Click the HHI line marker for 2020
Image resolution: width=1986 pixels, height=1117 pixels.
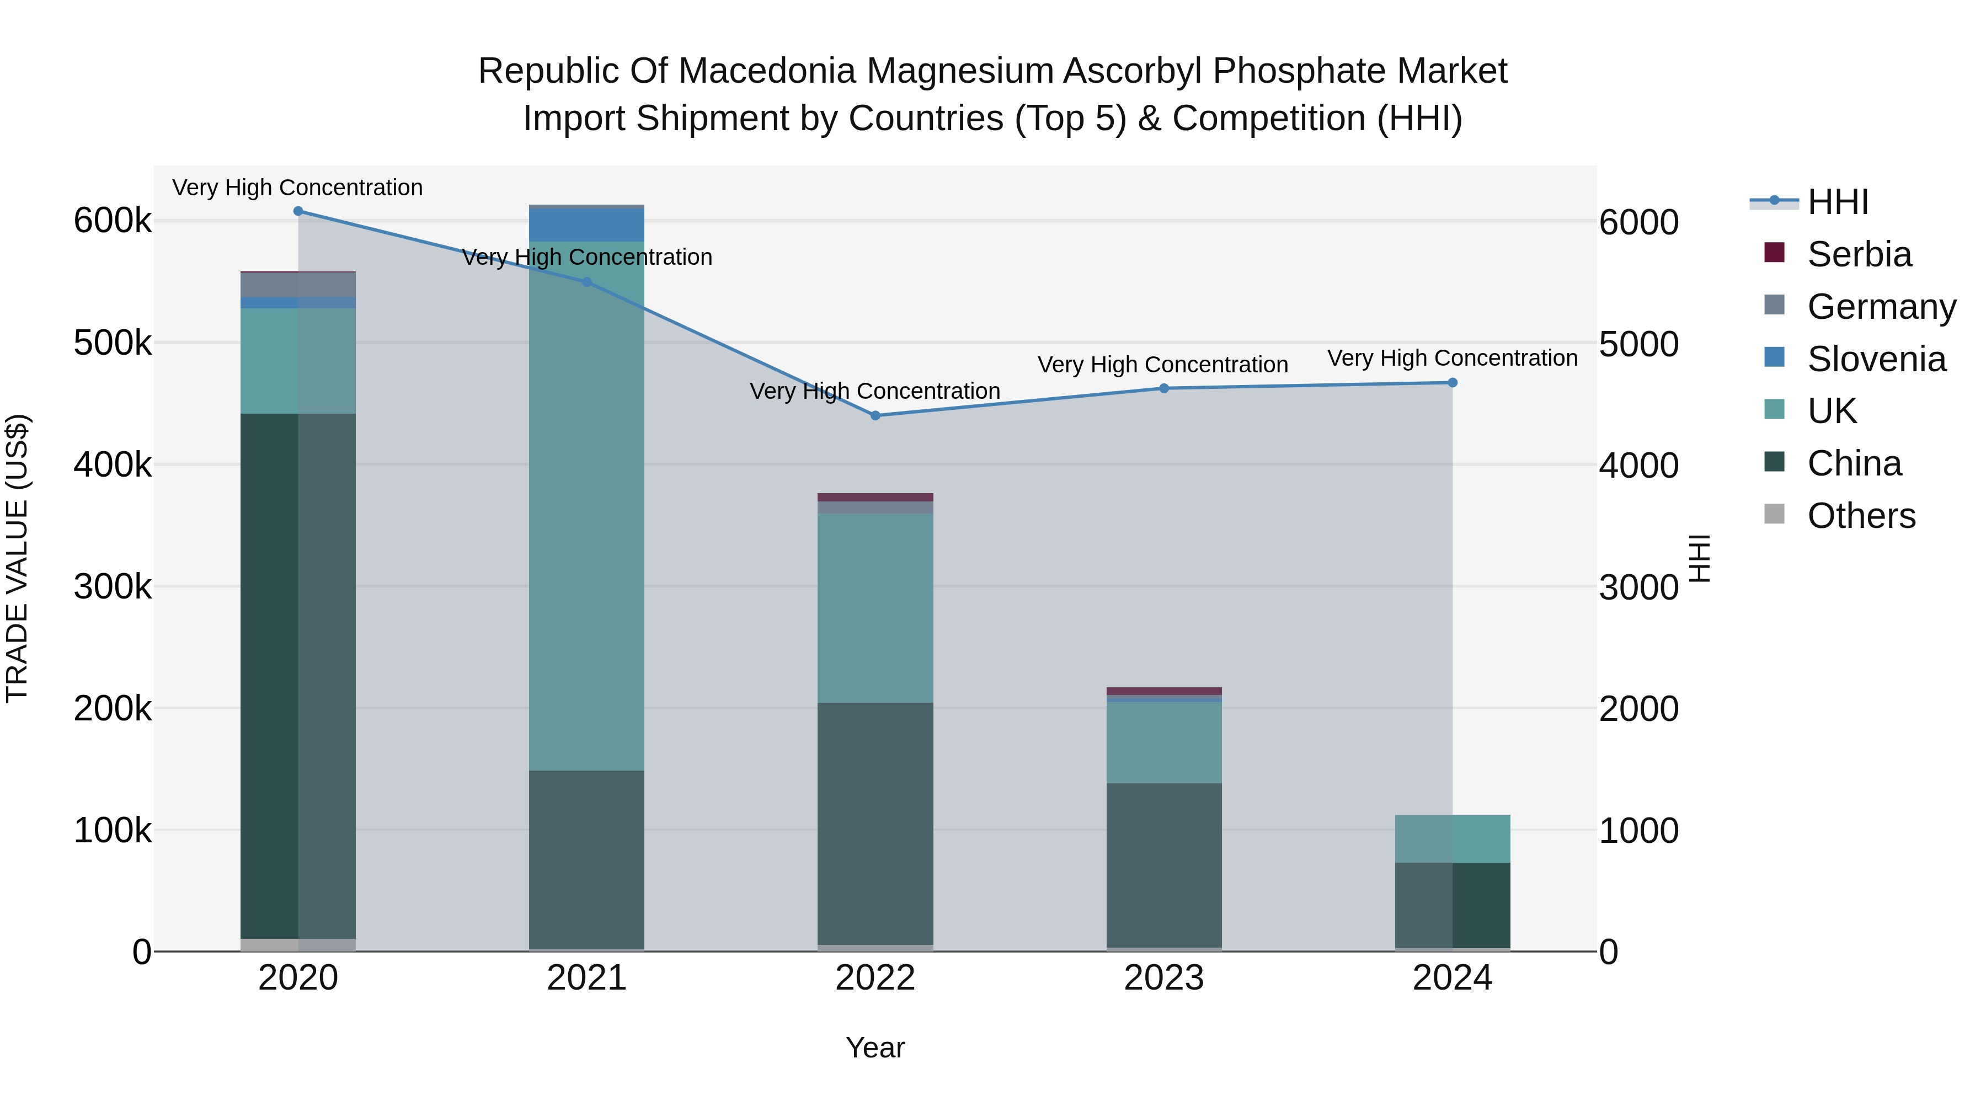click(x=298, y=211)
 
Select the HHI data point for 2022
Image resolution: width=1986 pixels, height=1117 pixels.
click(x=875, y=415)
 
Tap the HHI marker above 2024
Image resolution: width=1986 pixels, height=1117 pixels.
click(x=1453, y=382)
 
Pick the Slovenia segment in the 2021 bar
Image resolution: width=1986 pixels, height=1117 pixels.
click(x=587, y=225)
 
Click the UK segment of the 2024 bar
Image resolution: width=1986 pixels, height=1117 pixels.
click(x=1453, y=838)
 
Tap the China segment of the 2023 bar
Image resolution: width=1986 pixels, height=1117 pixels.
click(x=1164, y=865)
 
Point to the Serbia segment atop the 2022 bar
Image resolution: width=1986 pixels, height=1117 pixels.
click(x=875, y=497)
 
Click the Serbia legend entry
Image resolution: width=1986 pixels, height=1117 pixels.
click(x=1858, y=254)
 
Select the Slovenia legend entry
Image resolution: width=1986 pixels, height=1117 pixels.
click(x=1876, y=359)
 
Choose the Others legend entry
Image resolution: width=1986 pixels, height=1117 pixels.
click(x=1860, y=516)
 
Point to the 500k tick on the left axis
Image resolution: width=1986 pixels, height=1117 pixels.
click(x=113, y=343)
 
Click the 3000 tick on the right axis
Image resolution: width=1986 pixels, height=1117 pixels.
click(x=1638, y=587)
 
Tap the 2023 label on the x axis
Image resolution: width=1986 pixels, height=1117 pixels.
click(x=1164, y=978)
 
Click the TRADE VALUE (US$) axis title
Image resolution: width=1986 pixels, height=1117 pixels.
click(x=18, y=558)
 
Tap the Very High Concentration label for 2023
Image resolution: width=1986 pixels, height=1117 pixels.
click(x=1162, y=365)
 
